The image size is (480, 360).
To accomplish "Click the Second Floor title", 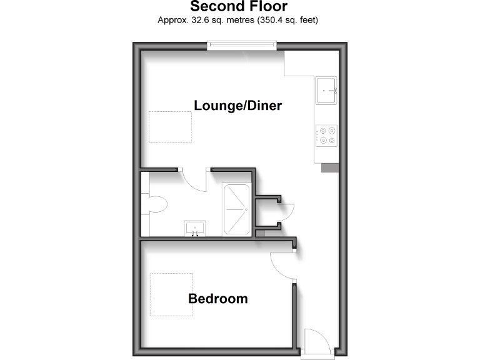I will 239,7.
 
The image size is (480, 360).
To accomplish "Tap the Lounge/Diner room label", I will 238,106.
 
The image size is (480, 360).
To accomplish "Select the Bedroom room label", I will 217,299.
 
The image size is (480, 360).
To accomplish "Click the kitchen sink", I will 326,89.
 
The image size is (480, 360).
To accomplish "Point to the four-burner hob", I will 327,134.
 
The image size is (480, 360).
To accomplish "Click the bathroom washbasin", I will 196,228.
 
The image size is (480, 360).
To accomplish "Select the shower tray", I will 237,209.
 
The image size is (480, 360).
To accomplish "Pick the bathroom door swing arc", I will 196,181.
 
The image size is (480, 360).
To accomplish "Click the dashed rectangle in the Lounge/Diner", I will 170,126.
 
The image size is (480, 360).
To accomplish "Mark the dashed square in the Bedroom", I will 171,294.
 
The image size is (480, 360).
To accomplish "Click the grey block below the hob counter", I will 329,167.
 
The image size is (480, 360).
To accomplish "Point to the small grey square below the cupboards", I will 261,233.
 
